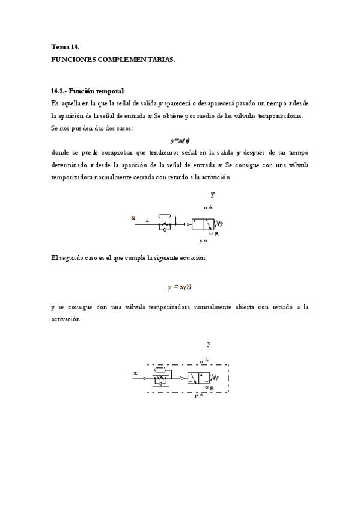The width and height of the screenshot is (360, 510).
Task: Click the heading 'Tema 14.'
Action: coord(66,46)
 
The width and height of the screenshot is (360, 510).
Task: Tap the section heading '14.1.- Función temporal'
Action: coord(88,91)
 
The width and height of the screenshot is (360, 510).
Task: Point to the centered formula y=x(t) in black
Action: coord(180,140)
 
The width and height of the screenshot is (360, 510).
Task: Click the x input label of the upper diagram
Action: coord(133,218)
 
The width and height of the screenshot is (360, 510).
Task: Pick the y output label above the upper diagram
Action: coord(212,194)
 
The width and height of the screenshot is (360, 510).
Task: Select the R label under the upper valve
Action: coord(216,233)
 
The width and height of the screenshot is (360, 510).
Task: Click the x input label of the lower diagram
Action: coord(136,373)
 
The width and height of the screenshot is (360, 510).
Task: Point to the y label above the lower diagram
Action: coord(209,343)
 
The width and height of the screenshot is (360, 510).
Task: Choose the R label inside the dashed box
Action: coord(212,389)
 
